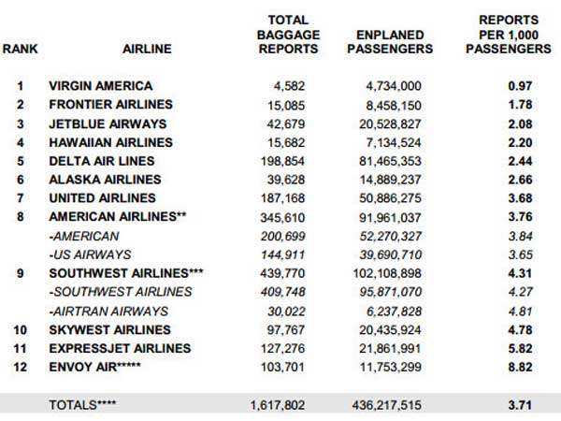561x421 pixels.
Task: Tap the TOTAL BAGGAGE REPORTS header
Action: tap(288, 34)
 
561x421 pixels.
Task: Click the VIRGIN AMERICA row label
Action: tap(101, 86)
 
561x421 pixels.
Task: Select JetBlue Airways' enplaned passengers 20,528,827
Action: tap(395, 123)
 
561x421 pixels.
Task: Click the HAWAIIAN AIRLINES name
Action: tap(110, 142)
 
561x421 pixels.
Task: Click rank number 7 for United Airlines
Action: tap(20, 198)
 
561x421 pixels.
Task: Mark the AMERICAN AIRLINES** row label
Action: tap(116, 217)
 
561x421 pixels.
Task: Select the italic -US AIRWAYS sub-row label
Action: tap(90, 254)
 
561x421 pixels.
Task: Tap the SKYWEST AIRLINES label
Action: tap(108, 329)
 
